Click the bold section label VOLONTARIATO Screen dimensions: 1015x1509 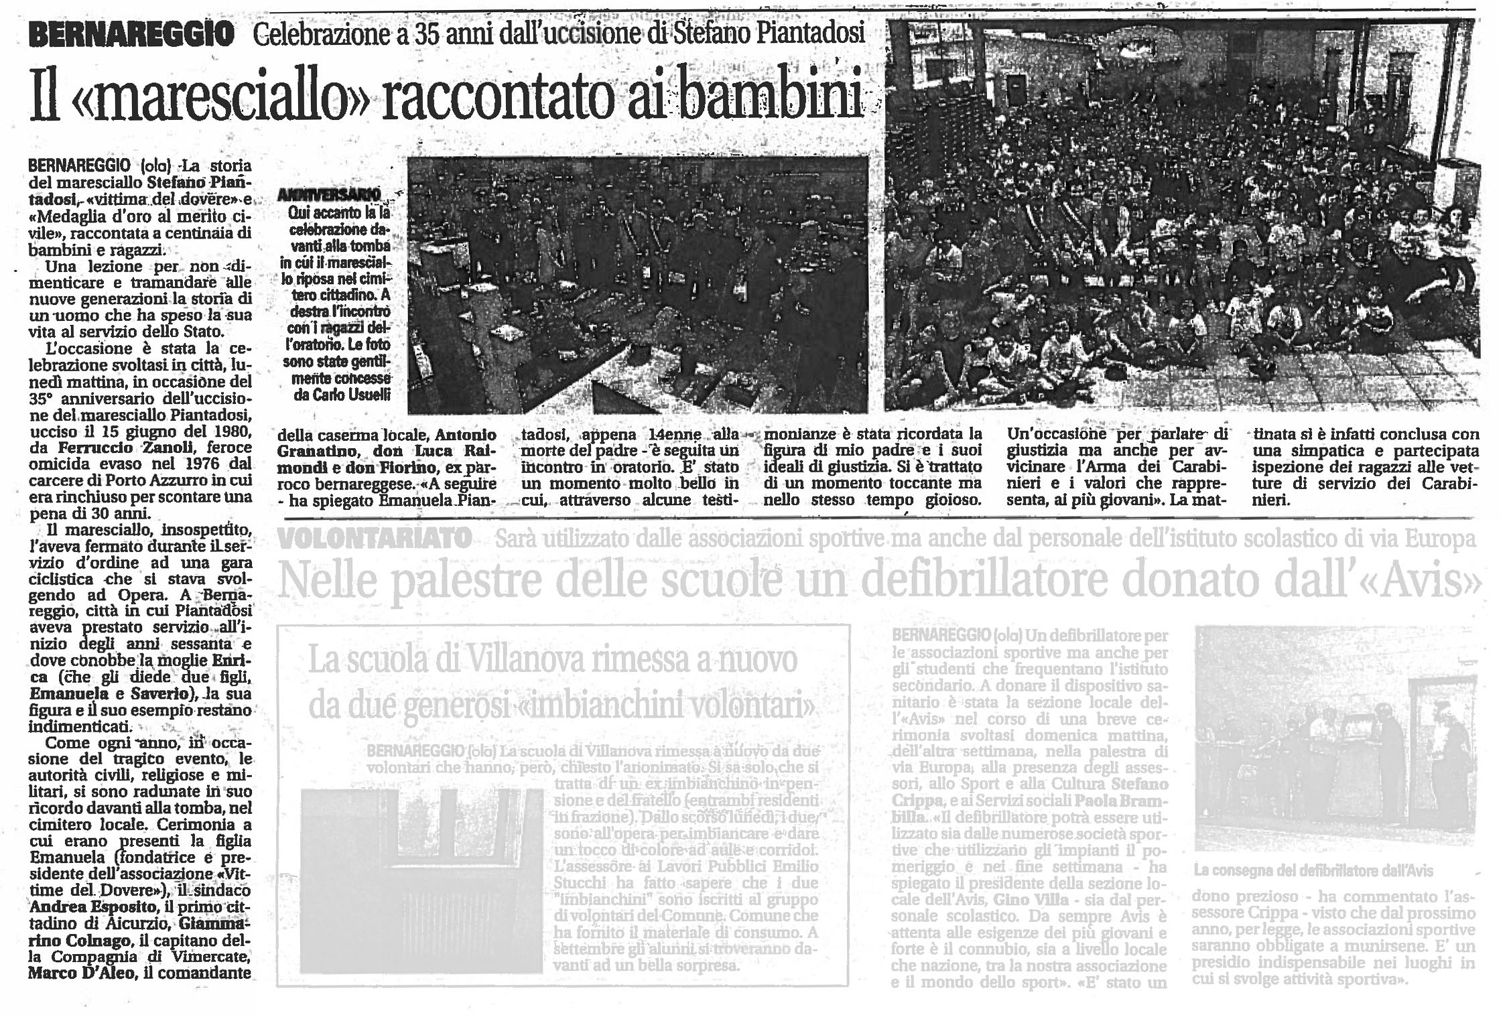(x=375, y=539)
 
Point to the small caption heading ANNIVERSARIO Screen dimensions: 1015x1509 (x=329, y=195)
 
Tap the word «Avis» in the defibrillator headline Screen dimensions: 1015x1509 (x=1434, y=580)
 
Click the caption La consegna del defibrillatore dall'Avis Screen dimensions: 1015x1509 (x=1313, y=871)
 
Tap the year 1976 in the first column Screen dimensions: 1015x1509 (x=162, y=464)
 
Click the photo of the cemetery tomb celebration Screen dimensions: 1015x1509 (x=637, y=285)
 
